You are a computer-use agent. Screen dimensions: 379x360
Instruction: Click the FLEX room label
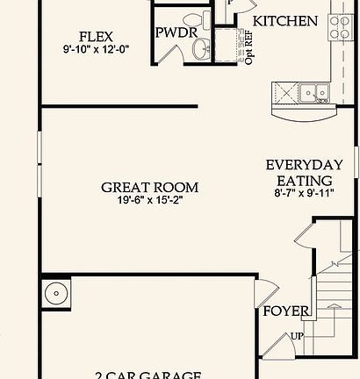(97, 37)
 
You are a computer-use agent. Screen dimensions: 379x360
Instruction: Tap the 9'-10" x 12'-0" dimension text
(97, 51)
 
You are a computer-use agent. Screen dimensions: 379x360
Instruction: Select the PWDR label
(175, 32)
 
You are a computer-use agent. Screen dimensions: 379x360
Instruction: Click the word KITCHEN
(285, 20)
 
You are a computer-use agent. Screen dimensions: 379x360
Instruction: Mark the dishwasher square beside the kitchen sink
(286, 90)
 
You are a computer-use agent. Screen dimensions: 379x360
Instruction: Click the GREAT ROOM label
(149, 187)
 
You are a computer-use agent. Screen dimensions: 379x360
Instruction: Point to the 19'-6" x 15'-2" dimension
(148, 200)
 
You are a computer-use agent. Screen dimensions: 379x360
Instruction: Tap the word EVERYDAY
(304, 164)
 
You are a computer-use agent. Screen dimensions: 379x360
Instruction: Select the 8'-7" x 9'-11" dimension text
(305, 193)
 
